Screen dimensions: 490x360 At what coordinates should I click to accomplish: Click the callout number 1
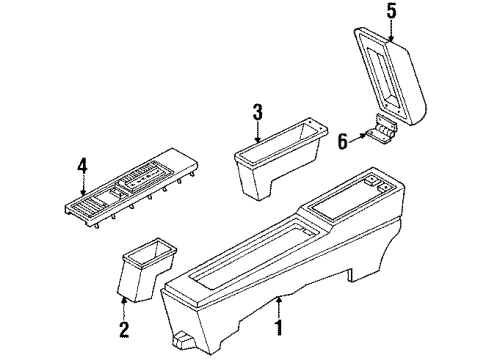coord(279,328)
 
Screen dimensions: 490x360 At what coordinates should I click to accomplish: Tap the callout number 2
coord(123,330)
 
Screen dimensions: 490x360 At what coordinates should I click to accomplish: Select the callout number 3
coord(257,112)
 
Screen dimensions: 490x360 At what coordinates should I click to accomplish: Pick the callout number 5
coord(391,11)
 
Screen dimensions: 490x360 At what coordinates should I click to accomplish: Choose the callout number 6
coord(343,141)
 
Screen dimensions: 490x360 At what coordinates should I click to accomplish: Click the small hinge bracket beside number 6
coord(382,130)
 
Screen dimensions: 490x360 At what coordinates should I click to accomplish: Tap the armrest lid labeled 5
coord(391,76)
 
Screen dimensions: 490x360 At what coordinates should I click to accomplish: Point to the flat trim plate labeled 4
coord(131,188)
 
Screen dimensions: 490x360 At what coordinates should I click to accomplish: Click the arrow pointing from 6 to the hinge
coord(358,137)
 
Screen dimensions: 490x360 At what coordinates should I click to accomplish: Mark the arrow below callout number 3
coord(257,132)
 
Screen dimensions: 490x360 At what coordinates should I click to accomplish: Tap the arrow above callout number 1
coord(279,307)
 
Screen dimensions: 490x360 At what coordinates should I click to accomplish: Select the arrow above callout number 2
coord(124,309)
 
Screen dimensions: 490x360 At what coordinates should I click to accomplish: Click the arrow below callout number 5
coord(391,31)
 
